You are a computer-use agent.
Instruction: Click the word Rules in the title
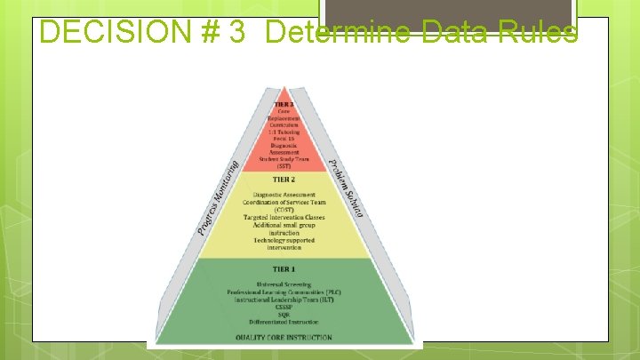tap(537, 33)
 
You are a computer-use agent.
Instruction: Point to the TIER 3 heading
tap(284, 104)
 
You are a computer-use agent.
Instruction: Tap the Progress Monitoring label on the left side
tap(218, 197)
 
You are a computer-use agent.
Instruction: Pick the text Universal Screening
tap(284, 284)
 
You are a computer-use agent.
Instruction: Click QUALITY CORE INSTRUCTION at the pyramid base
tap(284, 337)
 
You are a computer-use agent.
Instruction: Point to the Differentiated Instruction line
tap(284, 320)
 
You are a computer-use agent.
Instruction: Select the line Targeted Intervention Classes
tap(284, 217)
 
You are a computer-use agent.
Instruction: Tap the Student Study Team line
tap(284, 159)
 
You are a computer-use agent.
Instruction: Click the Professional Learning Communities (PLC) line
tap(284, 292)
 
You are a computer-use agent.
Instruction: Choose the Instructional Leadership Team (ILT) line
tap(284, 300)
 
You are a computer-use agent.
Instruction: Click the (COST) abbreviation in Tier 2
tap(284, 210)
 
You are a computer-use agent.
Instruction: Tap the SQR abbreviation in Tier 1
tap(284, 314)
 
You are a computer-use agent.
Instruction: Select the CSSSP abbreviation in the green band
tap(284, 308)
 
